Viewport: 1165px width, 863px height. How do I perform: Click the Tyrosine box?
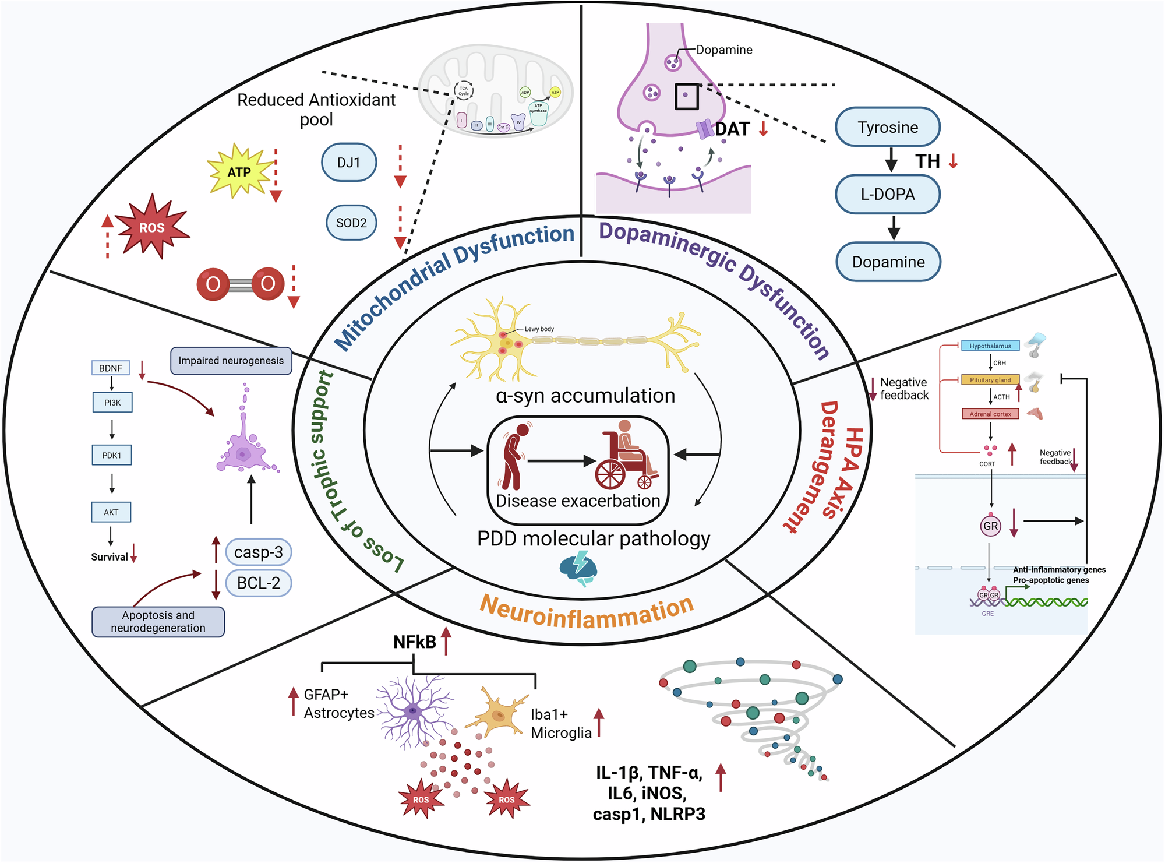point(887,127)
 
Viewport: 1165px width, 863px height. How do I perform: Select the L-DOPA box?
point(887,194)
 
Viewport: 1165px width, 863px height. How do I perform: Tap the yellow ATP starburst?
point(239,172)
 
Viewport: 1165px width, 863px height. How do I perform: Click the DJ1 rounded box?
point(348,163)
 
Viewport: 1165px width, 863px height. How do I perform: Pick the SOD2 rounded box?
point(351,223)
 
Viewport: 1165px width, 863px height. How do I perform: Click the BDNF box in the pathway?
point(111,368)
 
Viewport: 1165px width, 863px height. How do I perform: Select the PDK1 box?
point(112,455)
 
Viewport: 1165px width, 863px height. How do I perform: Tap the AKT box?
point(111,512)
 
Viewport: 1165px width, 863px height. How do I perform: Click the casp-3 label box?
point(258,552)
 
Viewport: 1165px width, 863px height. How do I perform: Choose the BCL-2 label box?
point(258,583)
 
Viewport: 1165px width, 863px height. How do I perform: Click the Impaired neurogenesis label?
point(231,361)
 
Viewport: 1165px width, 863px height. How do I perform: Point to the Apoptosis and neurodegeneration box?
point(158,622)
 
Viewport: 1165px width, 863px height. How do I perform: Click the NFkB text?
point(414,642)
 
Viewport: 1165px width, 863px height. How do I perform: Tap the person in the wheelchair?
point(628,457)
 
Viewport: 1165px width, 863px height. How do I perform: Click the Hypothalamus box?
point(990,346)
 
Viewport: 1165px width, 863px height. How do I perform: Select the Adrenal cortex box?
point(990,414)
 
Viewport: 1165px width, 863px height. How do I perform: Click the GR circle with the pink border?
point(990,526)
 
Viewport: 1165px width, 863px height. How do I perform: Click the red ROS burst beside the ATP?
point(152,227)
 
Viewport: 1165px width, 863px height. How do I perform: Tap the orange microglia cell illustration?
point(499,714)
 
